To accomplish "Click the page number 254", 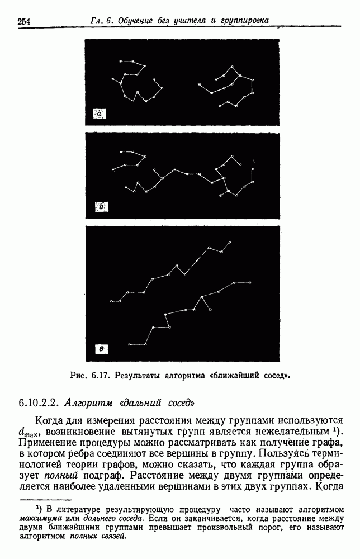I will click(23, 22).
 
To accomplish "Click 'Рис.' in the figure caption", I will click(79, 375).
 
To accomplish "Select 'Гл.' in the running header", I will click(97, 21).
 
